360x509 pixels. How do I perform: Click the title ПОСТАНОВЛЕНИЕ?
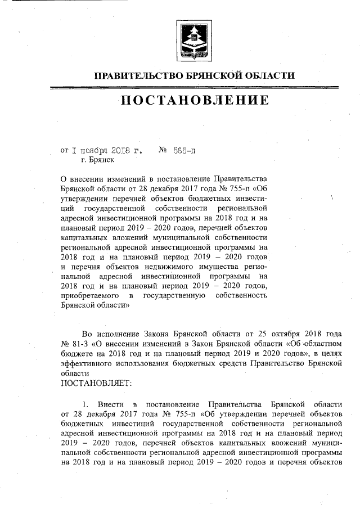click(194, 101)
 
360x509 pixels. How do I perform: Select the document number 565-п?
click(183, 151)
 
